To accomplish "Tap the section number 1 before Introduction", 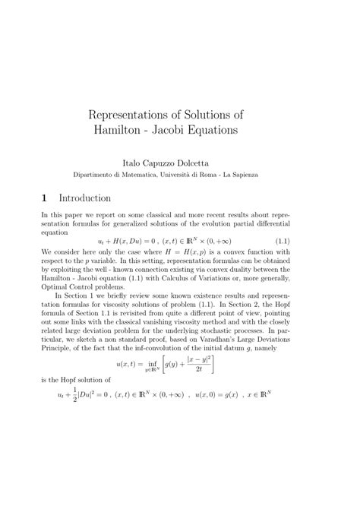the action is point(45,198).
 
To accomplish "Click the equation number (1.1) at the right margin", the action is point(304,241).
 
